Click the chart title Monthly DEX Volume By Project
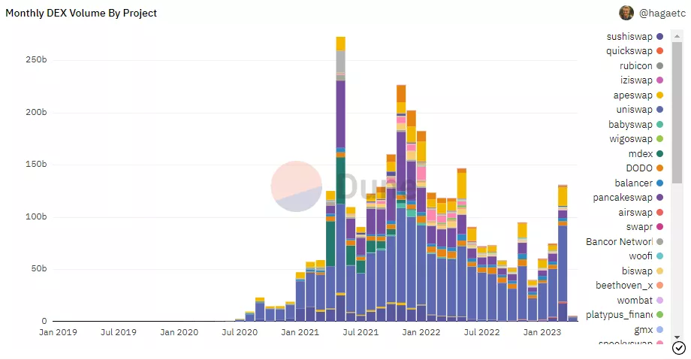point(82,14)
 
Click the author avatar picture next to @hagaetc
point(626,13)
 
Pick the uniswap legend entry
point(634,110)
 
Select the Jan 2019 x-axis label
point(56,331)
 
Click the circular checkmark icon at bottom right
point(679,347)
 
